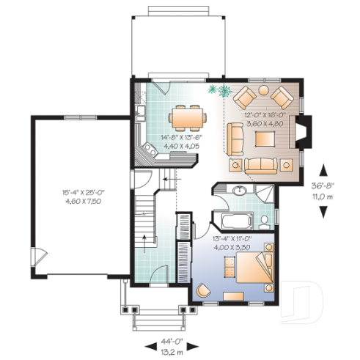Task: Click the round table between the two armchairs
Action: pyautogui.click(x=262, y=92)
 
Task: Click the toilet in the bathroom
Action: pyautogui.click(x=265, y=220)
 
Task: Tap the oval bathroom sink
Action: pyautogui.click(x=239, y=193)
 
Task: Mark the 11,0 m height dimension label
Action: pyautogui.click(x=323, y=196)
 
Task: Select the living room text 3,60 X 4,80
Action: pyautogui.click(x=262, y=125)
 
